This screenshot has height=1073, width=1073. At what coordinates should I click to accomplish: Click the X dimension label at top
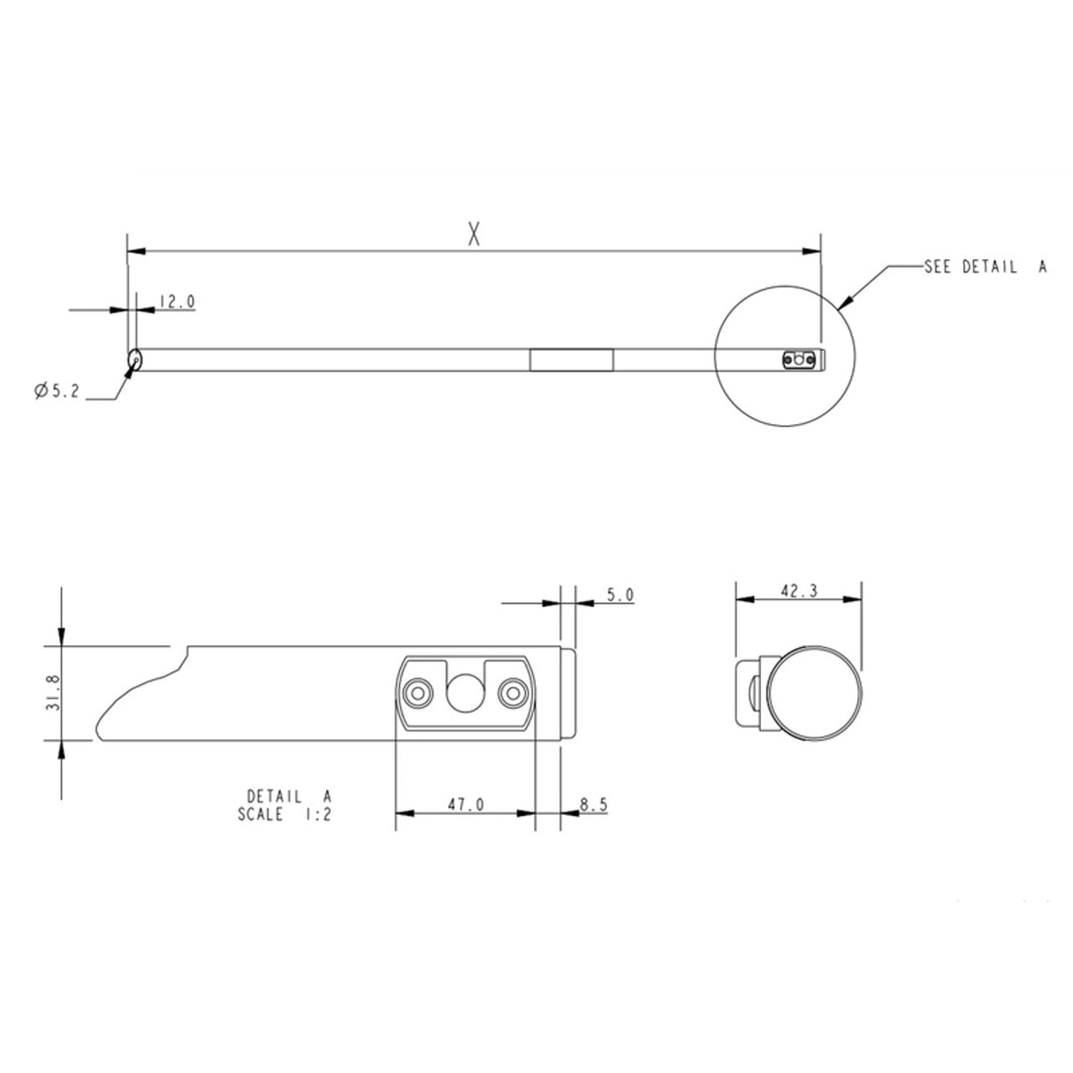[475, 234]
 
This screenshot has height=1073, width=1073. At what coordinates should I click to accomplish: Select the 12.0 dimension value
[177, 301]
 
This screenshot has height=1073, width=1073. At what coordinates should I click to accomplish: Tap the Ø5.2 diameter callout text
[57, 392]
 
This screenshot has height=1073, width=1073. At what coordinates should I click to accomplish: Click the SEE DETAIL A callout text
[985, 266]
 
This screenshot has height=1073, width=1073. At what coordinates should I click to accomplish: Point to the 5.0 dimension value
[620, 596]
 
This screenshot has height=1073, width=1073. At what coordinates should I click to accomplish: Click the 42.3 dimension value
[798, 591]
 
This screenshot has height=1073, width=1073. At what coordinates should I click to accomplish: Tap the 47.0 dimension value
[465, 805]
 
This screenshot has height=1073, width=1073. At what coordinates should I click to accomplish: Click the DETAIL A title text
[288, 795]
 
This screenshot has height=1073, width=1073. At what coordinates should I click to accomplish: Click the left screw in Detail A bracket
[415, 692]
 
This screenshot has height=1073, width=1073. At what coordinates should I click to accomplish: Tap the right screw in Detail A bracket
[511, 692]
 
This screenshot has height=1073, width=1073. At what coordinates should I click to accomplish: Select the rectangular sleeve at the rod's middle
[571, 361]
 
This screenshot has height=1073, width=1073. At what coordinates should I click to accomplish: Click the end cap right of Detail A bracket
[569, 694]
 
